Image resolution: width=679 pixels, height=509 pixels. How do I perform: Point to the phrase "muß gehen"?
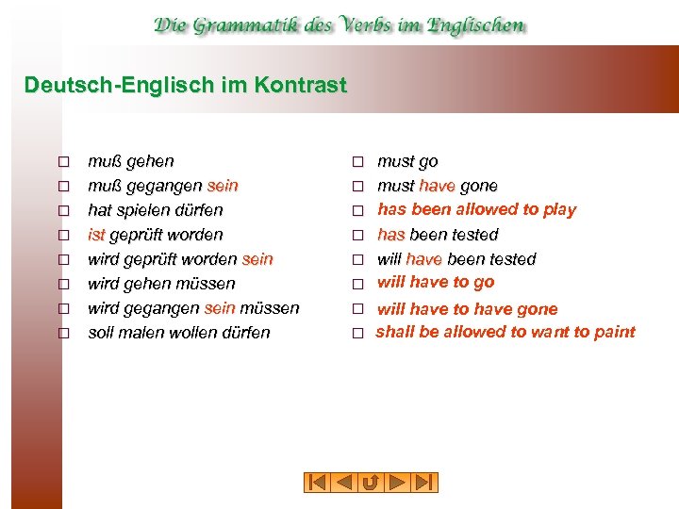coord(130,162)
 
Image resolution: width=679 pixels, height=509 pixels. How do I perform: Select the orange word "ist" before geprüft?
coord(98,235)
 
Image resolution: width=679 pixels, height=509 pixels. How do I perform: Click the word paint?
coord(615,332)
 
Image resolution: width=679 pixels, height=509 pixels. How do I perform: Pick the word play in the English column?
coord(559,209)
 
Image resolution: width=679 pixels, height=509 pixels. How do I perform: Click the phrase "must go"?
coord(407,162)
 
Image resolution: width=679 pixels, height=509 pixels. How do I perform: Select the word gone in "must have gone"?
coord(479,186)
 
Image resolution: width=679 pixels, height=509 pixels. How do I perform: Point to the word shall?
coord(394,332)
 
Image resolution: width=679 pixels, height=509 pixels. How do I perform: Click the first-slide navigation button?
coord(316,483)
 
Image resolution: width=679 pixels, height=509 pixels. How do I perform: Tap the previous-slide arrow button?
coord(343,483)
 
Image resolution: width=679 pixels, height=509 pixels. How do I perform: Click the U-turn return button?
coord(371,483)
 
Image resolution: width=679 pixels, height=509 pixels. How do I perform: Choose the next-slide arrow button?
coord(398,483)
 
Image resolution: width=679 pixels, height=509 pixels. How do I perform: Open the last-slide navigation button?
coord(425,483)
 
